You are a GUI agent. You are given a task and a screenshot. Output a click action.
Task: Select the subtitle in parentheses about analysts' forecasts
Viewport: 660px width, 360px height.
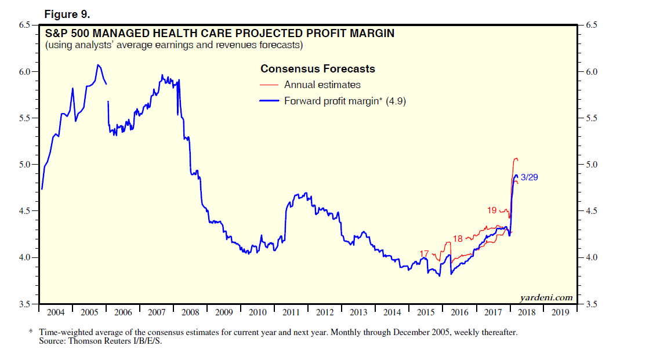pos(174,45)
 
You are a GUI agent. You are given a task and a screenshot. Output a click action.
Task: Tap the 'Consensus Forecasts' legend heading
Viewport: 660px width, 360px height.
pos(317,69)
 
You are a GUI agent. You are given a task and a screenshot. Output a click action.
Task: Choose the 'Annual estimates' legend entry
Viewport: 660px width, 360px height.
pos(322,85)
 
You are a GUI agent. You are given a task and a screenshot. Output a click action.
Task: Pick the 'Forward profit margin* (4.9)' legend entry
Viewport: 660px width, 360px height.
pos(344,101)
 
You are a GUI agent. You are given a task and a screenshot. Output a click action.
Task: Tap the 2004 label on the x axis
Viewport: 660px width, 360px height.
pos(56,312)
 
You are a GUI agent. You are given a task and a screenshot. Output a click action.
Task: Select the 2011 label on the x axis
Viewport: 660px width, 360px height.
pos(291,312)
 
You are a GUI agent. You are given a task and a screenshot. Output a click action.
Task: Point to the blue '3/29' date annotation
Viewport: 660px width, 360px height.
pos(530,177)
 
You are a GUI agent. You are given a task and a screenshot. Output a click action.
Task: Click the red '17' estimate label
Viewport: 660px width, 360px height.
pos(424,253)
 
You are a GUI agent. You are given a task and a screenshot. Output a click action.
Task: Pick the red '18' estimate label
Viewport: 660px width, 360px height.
pos(458,238)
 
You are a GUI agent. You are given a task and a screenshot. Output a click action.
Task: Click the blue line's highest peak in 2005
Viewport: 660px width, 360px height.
pos(98,64)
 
